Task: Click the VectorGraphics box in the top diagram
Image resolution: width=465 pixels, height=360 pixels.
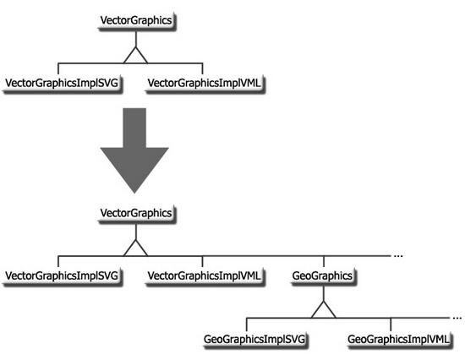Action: click(x=136, y=21)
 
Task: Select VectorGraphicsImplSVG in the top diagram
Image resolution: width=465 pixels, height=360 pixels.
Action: click(x=63, y=84)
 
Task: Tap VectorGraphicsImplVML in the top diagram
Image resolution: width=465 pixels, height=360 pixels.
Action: click(x=205, y=84)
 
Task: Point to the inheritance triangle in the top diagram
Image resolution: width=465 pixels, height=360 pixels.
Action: click(x=135, y=56)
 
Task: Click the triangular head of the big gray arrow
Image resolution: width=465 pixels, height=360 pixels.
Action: click(x=134, y=170)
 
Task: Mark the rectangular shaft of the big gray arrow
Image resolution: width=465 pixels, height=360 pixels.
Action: click(x=134, y=128)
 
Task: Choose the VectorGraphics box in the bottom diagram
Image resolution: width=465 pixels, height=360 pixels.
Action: click(x=136, y=214)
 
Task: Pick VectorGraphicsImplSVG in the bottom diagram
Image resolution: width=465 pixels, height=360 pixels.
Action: click(x=63, y=276)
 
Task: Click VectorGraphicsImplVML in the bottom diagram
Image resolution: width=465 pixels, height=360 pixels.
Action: click(x=205, y=276)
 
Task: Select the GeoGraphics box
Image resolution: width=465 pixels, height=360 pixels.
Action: click(x=323, y=276)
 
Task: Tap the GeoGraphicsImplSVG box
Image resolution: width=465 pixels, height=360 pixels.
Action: click(x=254, y=339)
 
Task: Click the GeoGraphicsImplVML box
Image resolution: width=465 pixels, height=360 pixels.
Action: click(x=399, y=339)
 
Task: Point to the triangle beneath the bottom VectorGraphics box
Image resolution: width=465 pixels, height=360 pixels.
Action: click(x=135, y=248)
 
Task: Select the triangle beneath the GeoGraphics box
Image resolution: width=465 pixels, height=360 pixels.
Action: click(x=324, y=310)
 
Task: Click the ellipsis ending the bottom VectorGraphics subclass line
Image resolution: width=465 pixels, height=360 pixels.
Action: click(x=398, y=255)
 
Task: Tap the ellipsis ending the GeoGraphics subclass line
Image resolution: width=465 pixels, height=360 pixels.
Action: click(x=457, y=318)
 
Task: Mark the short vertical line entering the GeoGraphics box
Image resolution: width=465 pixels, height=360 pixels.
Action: click(x=324, y=261)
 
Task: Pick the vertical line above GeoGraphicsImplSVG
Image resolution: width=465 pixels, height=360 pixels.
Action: click(x=247, y=325)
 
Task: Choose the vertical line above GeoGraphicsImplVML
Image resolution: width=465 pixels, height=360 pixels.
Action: click(x=391, y=325)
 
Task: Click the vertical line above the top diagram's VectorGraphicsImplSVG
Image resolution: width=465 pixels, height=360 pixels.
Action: click(x=58, y=68)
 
